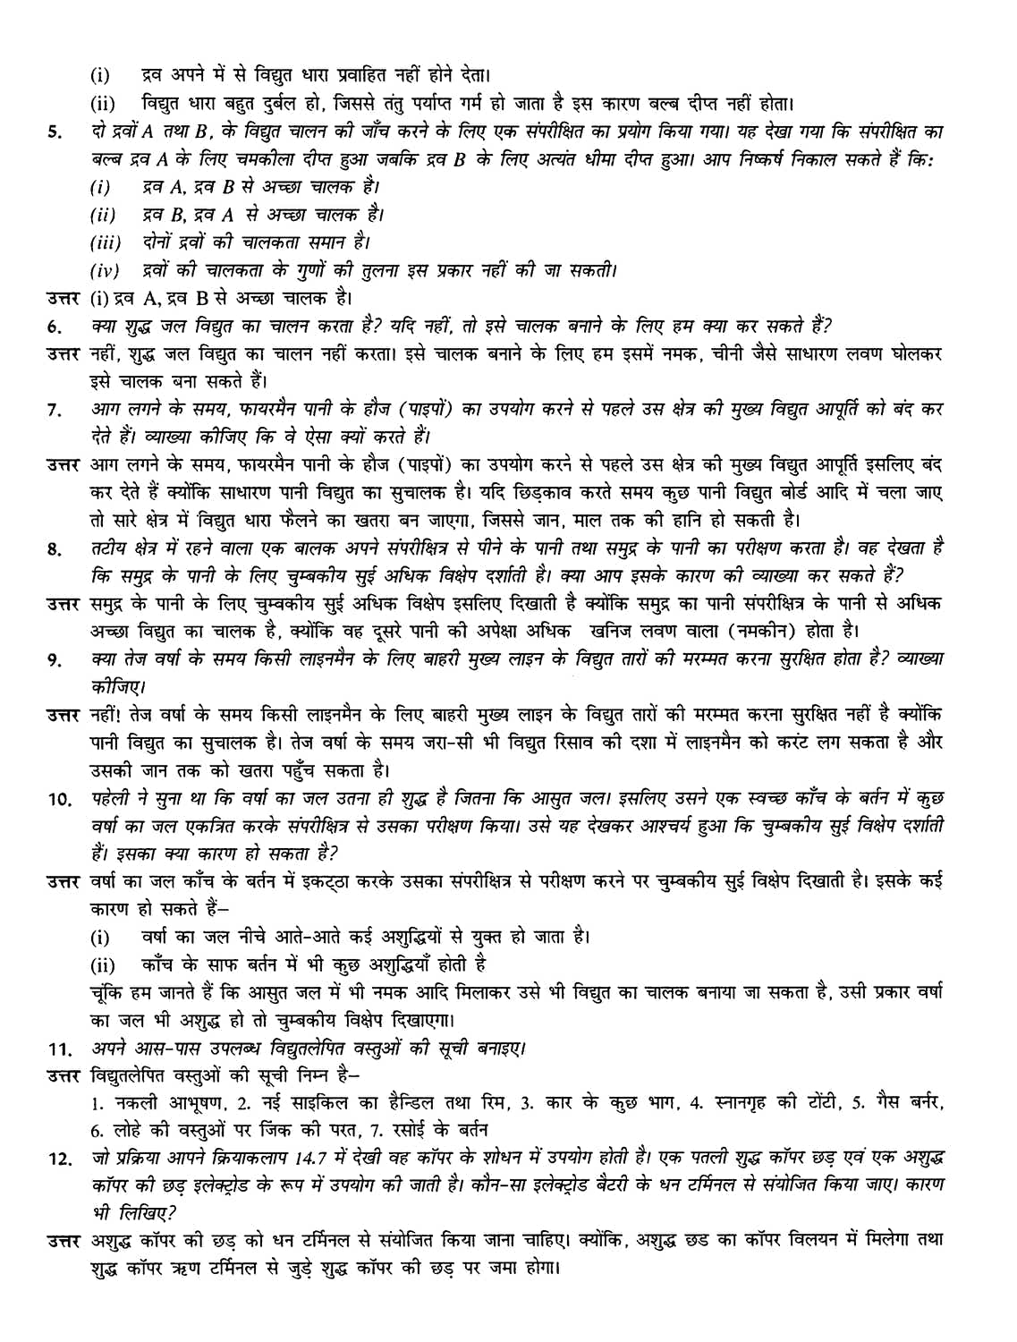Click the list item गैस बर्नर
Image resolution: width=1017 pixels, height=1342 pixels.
907,1102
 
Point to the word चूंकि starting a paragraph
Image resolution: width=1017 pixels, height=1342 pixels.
108,992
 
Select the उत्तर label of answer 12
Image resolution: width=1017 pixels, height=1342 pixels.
66,1240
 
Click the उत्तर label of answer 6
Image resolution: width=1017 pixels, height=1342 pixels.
66,354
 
